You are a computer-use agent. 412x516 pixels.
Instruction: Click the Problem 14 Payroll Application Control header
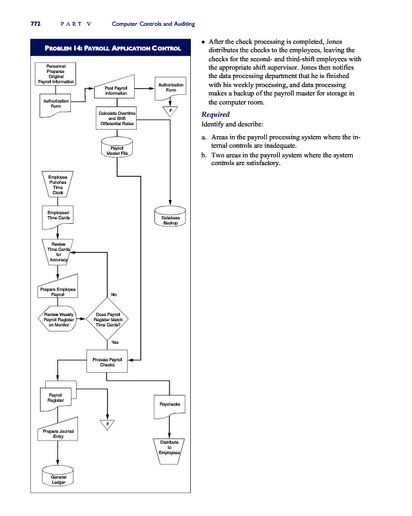(x=108, y=48)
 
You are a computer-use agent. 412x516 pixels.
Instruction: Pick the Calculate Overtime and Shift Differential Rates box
(x=116, y=119)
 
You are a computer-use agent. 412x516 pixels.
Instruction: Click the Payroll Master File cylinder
(x=117, y=150)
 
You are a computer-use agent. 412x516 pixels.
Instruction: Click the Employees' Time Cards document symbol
(x=58, y=217)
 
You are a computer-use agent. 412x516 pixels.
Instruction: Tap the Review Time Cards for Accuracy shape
(x=58, y=252)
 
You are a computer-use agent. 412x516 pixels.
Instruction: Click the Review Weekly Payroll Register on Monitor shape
(x=58, y=319)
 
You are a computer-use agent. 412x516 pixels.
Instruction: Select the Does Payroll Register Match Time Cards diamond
(x=108, y=320)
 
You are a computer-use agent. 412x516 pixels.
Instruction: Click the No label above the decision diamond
(x=113, y=295)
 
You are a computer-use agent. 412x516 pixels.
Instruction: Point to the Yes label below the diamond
(x=115, y=342)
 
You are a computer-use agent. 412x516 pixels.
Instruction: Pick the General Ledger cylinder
(x=58, y=479)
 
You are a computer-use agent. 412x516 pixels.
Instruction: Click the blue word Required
(x=215, y=114)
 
